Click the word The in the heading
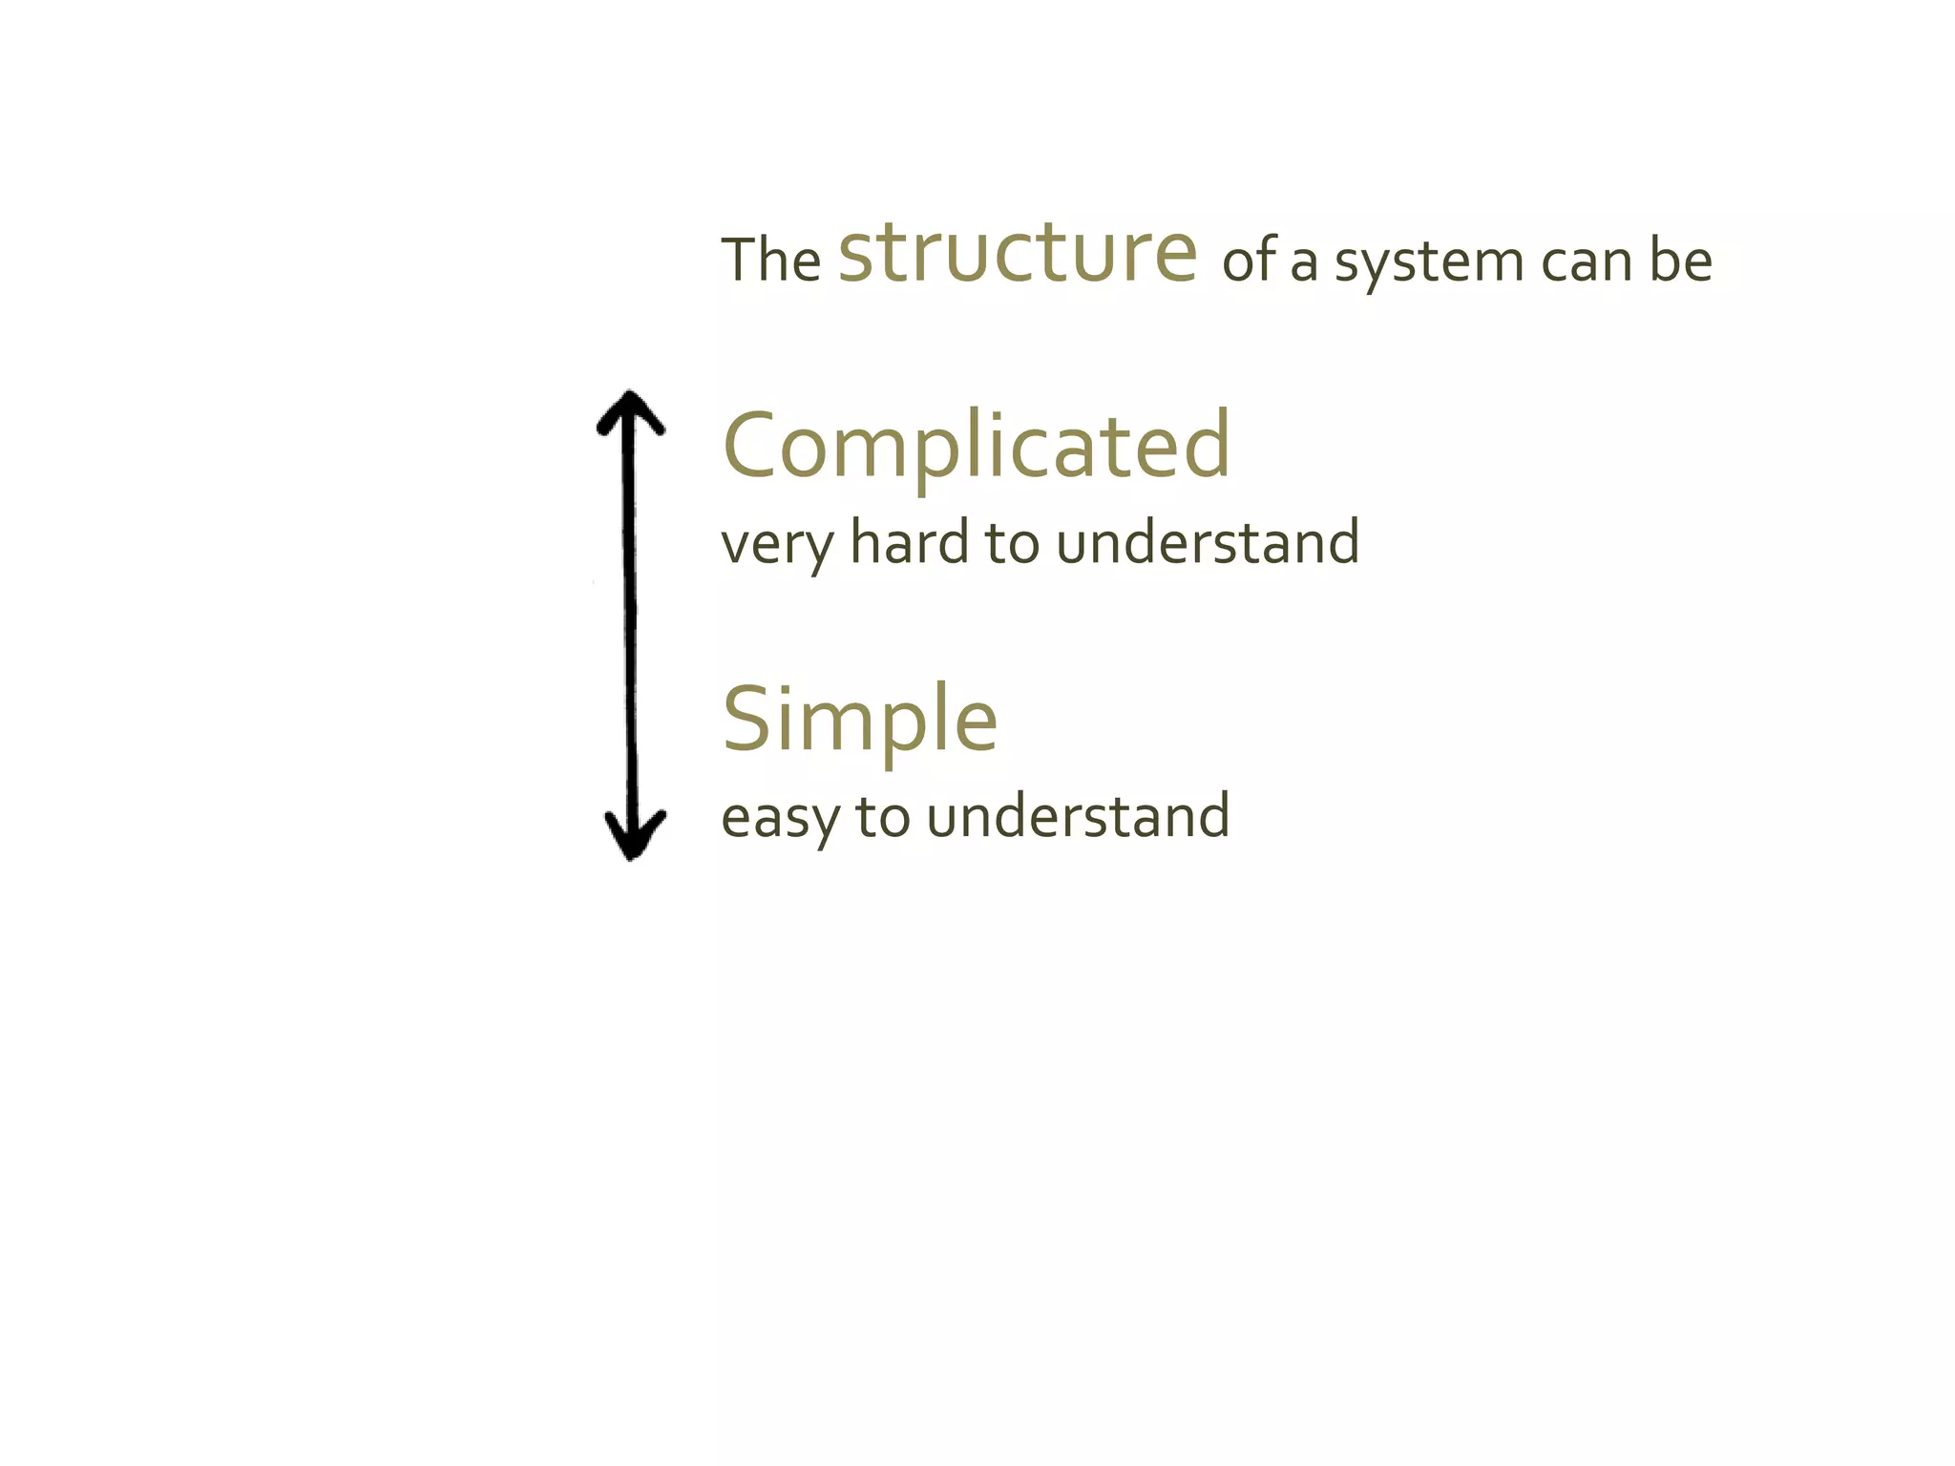(x=770, y=261)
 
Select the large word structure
(x=1018, y=252)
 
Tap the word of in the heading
(x=1250, y=261)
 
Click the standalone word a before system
(x=1304, y=263)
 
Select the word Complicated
(x=977, y=446)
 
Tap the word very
(x=777, y=545)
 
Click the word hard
(x=909, y=541)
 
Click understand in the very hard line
(x=1208, y=541)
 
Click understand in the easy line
(x=1078, y=816)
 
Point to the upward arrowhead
(x=629, y=412)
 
